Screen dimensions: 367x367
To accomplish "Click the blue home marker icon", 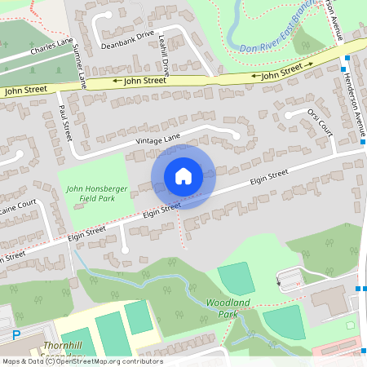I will [183, 176].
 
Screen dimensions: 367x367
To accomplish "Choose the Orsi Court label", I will [321, 122].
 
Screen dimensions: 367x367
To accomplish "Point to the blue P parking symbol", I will [15, 335].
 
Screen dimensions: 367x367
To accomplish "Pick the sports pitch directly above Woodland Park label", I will [236, 280].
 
